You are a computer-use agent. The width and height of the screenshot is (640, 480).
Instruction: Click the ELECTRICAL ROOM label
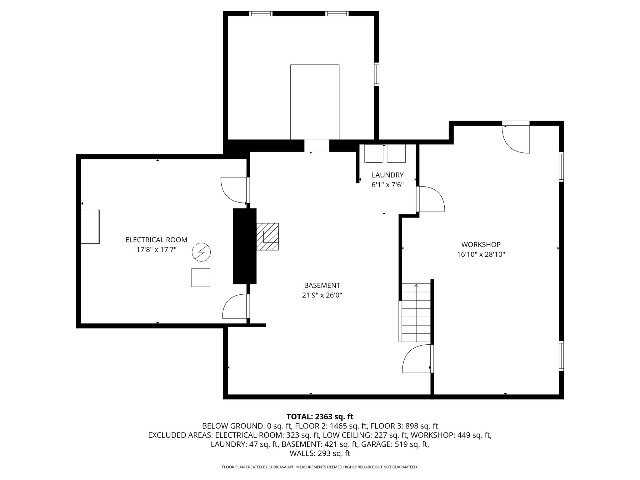click(x=156, y=240)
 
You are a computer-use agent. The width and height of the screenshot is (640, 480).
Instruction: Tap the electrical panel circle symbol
click(x=201, y=252)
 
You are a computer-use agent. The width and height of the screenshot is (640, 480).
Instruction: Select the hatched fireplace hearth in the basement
click(x=267, y=237)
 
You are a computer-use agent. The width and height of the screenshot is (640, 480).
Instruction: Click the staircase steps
click(x=416, y=313)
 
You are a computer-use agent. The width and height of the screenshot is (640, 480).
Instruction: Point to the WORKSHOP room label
click(x=481, y=244)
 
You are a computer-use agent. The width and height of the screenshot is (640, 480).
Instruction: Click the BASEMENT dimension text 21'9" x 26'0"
click(x=322, y=295)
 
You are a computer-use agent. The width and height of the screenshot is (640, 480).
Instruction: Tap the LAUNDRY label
click(x=387, y=175)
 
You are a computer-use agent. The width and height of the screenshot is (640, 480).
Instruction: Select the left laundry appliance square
click(x=374, y=153)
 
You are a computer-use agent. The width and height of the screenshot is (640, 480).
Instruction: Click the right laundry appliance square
click(x=396, y=153)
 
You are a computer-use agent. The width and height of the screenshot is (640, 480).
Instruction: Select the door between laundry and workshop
click(x=430, y=199)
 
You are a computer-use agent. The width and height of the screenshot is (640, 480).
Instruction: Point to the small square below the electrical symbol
click(x=201, y=277)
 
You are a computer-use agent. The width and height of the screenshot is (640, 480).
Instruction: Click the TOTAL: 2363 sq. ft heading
click(x=320, y=417)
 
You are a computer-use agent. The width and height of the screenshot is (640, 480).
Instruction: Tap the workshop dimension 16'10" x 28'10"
click(x=481, y=254)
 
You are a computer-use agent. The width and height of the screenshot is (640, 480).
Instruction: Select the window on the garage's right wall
click(x=377, y=74)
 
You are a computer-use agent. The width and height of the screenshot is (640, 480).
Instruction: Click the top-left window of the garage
click(x=261, y=14)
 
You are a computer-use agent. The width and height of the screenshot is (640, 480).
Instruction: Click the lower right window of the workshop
click(x=561, y=356)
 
